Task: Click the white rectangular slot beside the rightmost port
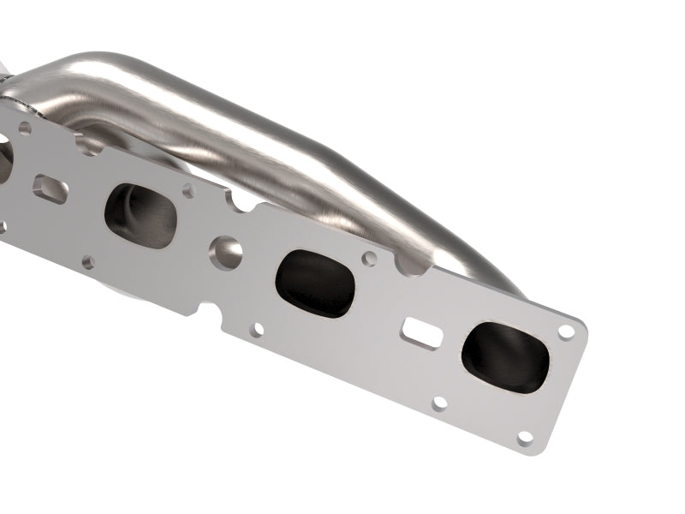pos(424,333)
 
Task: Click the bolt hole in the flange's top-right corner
pos(565,332)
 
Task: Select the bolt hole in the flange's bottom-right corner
pos(525,437)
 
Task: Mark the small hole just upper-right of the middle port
pos(369,257)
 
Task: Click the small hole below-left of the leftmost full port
pos(88,260)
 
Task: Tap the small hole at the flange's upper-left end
pos(25,128)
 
